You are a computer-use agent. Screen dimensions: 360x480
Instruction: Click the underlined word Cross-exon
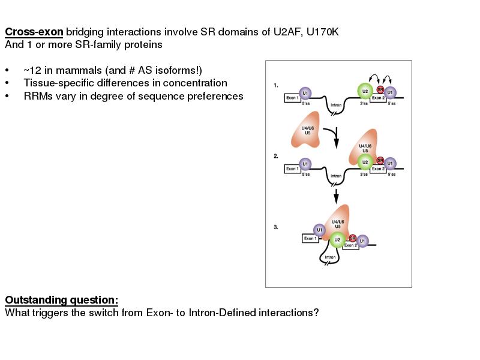[34, 32]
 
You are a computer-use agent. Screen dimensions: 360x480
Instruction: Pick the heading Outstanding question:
[61, 300]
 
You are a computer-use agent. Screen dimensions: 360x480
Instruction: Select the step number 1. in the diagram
[276, 85]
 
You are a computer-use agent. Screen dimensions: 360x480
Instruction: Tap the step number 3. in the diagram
[276, 227]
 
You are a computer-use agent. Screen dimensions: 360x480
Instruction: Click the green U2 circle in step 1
[364, 91]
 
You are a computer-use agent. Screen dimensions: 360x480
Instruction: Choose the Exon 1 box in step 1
[292, 98]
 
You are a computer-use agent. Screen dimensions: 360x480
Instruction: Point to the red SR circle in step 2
[380, 160]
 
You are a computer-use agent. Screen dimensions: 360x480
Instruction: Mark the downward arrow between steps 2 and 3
[336, 195]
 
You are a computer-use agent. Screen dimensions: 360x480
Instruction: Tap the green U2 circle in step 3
[337, 241]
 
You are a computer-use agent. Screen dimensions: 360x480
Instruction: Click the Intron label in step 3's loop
[330, 257]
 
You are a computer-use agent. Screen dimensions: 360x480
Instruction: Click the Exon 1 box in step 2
[292, 169]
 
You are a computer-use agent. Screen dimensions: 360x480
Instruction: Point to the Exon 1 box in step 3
[310, 238]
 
